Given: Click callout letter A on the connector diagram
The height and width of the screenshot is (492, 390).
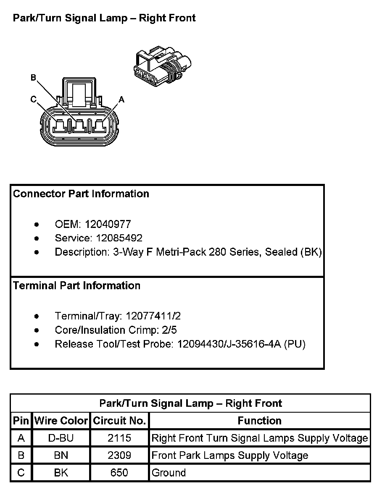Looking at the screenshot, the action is pyautogui.click(x=121, y=99).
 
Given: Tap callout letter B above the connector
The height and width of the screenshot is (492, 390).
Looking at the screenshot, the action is pyautogui.click(x=33, y=77).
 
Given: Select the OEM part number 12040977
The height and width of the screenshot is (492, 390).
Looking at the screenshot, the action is pyautogui.click(x=108, y=224).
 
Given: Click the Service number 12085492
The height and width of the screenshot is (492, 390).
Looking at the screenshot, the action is pyautogui.click(x=119, y=238).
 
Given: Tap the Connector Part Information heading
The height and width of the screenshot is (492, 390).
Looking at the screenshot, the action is pyautogui.click(x=81, y=194).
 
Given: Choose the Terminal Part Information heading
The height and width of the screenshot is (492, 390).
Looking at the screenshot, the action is pyautogui.click(x=76, y=286).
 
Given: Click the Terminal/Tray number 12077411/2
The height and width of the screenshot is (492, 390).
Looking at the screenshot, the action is pyautogui.click(x=153, y=316).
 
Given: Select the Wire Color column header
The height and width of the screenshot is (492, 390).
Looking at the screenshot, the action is pyautogui.click(x=61, y=421).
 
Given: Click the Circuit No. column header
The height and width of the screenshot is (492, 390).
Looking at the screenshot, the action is pyautogui.click(x=119, y=421).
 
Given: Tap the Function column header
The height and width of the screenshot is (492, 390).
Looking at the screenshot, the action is pyautogui.click(x=260, y=421).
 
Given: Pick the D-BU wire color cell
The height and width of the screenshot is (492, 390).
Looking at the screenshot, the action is pyautogui.click(x=61, y=438).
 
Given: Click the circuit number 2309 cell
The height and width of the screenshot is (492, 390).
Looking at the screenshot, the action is pyautogui.click(x=119, y=455).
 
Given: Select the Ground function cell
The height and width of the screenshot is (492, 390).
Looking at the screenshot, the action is pyautogui.click(x=169, y=473).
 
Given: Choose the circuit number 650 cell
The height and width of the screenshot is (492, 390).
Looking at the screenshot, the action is pyautogui.click(x=119, y=473).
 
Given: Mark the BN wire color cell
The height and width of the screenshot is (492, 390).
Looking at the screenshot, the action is pyautogui.click(x=61, y=455).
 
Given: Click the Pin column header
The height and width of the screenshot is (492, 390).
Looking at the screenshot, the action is pyautogui.click(x=21, y=421).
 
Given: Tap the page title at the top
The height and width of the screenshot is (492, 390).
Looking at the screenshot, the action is pyautogui.click(x=104, y=18).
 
